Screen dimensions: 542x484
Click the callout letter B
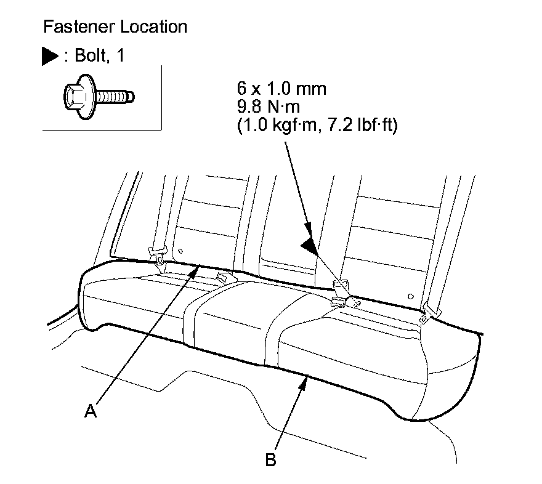point(270,459)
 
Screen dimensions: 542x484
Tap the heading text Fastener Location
point(115,27)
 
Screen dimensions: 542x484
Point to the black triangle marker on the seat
point(310,246)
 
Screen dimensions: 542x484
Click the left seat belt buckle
point(158,252)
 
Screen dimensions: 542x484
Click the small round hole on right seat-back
point(411,296)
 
